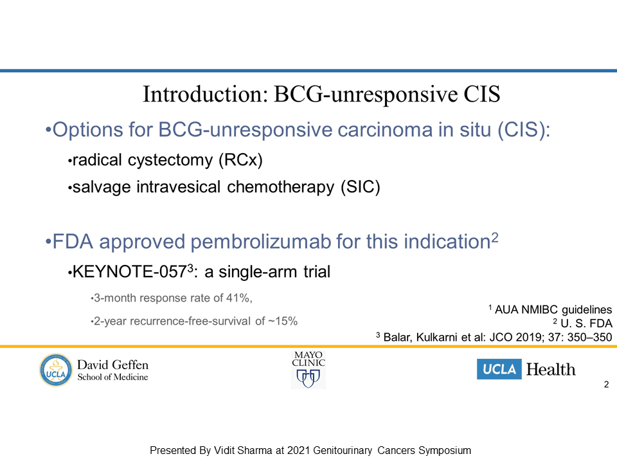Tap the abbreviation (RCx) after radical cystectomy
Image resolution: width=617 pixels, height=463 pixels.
pyautogui.click(x=240, y=160)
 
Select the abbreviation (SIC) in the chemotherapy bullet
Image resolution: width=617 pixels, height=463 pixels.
pyautogui.click(x=361, y=187)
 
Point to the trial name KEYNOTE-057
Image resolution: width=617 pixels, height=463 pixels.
pyautogui.click(x=130, y=272)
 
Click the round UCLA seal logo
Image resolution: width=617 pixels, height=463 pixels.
pyautogui.click(x=56, y=370)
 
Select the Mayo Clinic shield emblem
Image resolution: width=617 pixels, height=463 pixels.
pyautogui.click(x=308, y=378)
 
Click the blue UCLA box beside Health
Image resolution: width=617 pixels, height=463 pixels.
pyautogui.click(x=499, y=369)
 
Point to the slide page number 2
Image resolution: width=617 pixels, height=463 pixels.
pyautogui.click(x=606, y=385)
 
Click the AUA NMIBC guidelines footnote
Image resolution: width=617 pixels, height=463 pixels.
pyautogui.click(x=550, y=310)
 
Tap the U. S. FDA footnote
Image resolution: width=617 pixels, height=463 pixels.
pyautogui.click(x=582, y=323)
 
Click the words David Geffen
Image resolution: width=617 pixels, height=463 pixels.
pyautogui.click(x=112, y=365)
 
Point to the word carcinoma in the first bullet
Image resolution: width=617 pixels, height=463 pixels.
pyautogui.click(x=385, y=130)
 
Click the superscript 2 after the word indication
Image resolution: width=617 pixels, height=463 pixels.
pyautogui.click(x=495, y=237)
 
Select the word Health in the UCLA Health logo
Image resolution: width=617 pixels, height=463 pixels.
pyautogui.click(x=551, y=370)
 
